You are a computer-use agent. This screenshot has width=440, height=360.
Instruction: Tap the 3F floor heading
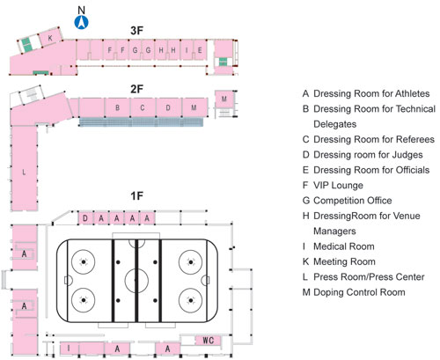point(136,30)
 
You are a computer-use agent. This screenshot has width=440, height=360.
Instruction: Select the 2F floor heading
point(136,88)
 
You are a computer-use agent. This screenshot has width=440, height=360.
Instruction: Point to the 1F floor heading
point(136,195)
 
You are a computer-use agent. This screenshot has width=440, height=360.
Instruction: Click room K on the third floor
point(50,39)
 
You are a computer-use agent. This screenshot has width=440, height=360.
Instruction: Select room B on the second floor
point(117,107)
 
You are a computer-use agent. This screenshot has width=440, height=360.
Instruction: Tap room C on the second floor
point(143,107)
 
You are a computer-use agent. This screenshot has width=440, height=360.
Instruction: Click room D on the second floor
point(168,107)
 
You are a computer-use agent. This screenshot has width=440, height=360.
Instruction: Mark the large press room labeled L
point(23,172)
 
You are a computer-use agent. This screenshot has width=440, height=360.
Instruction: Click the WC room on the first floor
point(208,339)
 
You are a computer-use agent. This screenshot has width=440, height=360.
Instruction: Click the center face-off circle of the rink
point(136,281)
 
